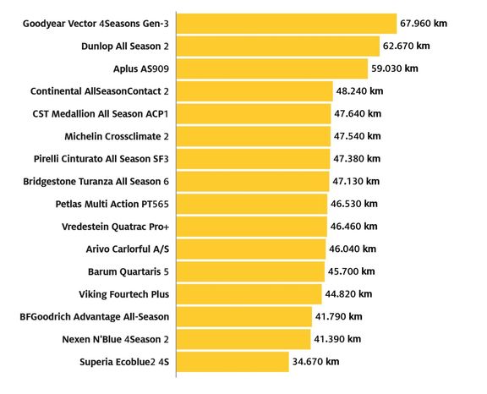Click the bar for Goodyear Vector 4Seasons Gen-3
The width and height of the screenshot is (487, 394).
(287, 24)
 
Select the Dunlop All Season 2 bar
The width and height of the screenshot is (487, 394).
(278, 47)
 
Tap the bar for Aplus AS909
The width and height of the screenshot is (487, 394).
(272, 68)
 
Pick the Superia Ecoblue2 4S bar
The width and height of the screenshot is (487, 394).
(233, 362)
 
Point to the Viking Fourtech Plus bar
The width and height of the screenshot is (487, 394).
(249, 294)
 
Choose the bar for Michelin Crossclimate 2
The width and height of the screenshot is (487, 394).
(254, 136)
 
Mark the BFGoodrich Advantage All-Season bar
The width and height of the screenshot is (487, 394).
(244, 317)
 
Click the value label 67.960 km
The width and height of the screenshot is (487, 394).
(424, 24)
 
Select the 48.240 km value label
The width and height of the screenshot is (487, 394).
(359, 91)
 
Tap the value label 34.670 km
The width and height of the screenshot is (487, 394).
(315, 361)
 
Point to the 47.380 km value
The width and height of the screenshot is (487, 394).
(357, 159)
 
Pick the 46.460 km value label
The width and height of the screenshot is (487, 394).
(353, 227)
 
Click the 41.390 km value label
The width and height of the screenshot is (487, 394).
(337, 339)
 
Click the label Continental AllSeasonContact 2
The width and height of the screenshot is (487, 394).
(100, 91)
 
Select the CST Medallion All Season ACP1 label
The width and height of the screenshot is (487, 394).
(101, 114)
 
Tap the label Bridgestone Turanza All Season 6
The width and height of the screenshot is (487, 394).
(96, 182)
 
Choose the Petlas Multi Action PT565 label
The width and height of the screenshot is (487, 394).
(112, 204)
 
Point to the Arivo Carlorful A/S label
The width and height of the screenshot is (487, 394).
(128, 249)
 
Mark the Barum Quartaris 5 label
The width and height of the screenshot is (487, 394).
(129, 271)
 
